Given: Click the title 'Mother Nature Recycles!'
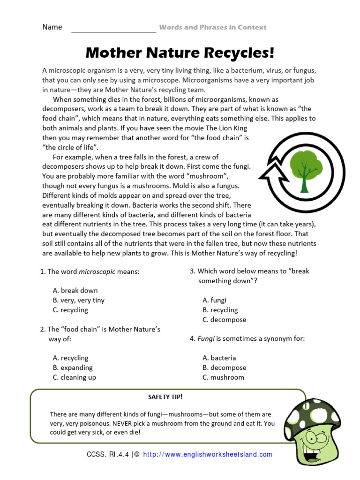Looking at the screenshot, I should click(x=180, y=52).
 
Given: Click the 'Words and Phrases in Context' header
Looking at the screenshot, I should click(x=213, y=27).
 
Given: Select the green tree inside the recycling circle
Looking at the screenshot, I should click(x=301, y=169).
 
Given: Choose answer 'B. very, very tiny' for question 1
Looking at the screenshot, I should click(x=79, y=300).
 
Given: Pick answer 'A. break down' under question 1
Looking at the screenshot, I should click(x=75, y=290).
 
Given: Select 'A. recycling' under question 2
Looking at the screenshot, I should click(x=70, y=358).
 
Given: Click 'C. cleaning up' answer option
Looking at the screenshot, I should click(x=75, y=377).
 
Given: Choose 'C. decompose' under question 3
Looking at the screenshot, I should click(x=224, y=320).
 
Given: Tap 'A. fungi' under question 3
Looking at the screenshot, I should click(x=214, y=300).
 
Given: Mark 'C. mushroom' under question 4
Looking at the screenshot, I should click(x=223, y=377).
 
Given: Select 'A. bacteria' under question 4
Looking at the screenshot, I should click(x=219, y=358).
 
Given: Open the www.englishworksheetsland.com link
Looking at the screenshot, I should click(x=207, y=454).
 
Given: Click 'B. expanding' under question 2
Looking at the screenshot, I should click(x=73, y=367).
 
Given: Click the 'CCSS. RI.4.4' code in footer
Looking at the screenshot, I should click(x=108, y=454).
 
